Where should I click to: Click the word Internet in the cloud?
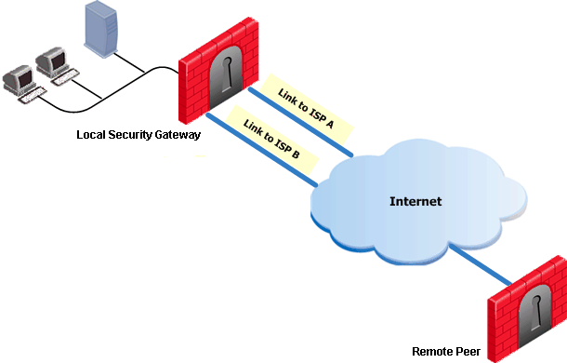415,201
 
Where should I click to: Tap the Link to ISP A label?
306,108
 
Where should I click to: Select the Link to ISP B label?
271,139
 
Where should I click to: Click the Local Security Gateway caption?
138,135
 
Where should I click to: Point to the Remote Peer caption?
446,352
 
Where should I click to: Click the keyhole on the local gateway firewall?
227,74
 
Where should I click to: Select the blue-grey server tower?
101,29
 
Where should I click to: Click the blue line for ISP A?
300,122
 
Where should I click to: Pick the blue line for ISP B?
262,150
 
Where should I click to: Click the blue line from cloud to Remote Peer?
481,264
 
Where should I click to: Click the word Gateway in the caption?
178,135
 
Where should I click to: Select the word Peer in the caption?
468,352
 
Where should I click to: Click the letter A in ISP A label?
329,125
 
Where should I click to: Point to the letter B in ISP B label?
296,155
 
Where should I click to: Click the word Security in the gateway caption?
130,135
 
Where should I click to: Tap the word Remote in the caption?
433,352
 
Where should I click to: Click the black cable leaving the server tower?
129,62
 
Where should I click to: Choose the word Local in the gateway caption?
91,134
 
